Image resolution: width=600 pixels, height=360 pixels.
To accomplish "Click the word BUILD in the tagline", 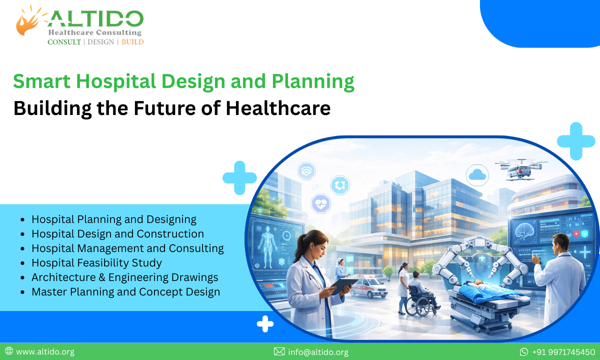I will click(x=132, y=42).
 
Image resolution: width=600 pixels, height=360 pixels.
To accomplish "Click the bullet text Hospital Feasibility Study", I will click(x=96, y=262).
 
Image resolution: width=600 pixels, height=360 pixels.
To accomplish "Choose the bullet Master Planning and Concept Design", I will click(x=125, y=291).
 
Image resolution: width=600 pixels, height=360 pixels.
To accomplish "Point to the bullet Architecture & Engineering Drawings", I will click(x=124, y=277).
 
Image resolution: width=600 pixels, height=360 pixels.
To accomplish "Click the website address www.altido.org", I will click(x=45, y=352).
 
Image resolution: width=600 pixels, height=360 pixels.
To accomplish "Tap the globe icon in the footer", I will click(x=9, y=351).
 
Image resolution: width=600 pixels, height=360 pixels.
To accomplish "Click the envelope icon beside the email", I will click(x=279, y=352).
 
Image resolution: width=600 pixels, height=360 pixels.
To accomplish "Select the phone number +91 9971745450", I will click(x=563, y=352).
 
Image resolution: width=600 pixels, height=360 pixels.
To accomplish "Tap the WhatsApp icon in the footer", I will click(x=524, y=352).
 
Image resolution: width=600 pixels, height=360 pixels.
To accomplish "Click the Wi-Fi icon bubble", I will click(x=306, y=171).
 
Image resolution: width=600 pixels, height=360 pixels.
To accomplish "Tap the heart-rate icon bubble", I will click(x=320, y=203).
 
